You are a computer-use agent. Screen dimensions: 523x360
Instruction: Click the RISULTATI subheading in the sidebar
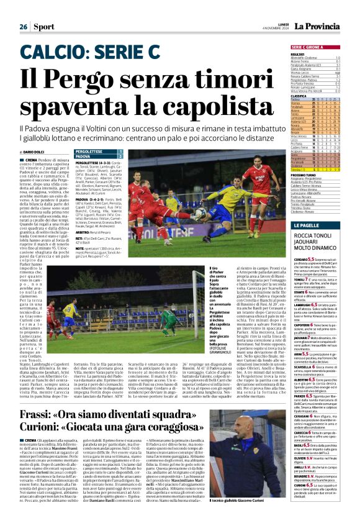tap(299, 54)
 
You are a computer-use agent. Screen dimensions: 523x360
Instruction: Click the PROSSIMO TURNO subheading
tap(304, 175)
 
